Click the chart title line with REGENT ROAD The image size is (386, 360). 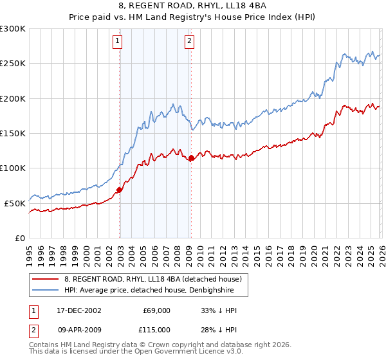[x=193, y=5]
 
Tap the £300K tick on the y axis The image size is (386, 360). [x=13, y=29]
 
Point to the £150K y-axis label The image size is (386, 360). [x=13, y=134]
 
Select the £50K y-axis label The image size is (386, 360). [x=15, y=203]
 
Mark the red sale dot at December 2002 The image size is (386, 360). [x=120, y=190]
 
